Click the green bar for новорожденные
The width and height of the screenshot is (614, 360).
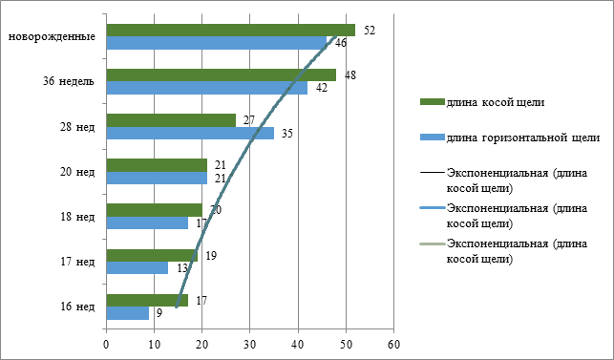(231, 31)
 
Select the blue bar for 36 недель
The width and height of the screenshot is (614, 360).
(207, 88)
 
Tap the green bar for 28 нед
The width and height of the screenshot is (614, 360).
(171, 120)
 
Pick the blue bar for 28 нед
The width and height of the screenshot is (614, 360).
(190, 133)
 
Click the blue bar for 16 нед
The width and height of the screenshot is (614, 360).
(128, 313)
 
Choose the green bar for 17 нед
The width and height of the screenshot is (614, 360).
(152, 255)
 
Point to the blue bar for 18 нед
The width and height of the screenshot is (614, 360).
(147, 222)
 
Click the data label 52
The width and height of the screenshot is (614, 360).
(370, 31)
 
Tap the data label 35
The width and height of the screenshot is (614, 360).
(287, 133)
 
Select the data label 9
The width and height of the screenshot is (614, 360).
(159, 313)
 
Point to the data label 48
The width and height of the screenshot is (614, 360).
(350, 74)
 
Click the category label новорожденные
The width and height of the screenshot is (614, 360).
(53, 37)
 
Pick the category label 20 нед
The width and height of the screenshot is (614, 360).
(77, 172)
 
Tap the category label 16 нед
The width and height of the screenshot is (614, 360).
(77, 307)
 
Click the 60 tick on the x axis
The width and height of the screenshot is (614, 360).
(394, 345)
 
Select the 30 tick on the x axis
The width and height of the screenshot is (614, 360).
(250, 345)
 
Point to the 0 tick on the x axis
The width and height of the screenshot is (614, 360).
(106, 345)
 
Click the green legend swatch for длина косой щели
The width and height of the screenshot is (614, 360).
(433, 102)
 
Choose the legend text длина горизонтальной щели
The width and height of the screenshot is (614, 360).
(523, 138)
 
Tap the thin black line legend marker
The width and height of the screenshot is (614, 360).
(433, 173)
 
